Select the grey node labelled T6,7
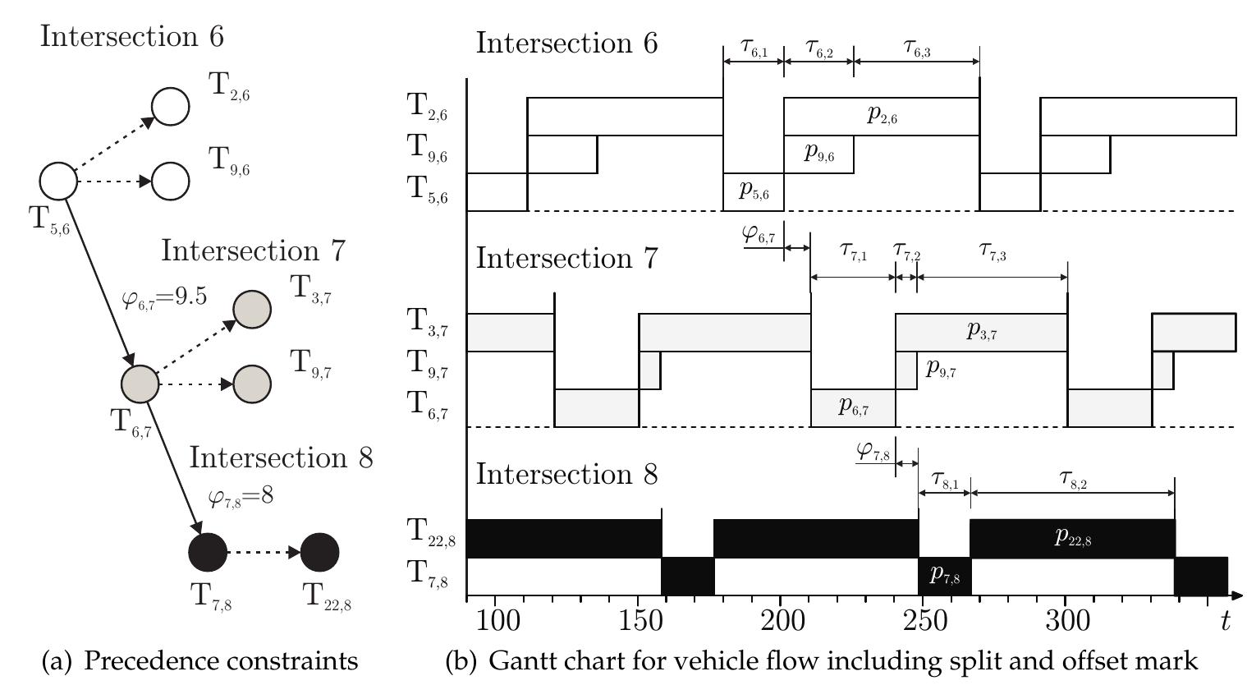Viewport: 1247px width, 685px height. coord(140,384)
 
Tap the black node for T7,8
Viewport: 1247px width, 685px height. coord(208,552)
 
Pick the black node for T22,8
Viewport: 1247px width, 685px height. coord(320,552)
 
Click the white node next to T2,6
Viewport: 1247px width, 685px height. coord(171,106)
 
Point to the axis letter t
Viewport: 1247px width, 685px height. coord(1225,621)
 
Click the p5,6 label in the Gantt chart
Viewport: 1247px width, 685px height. coord(754,191)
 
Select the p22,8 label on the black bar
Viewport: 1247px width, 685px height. coord(1073,538)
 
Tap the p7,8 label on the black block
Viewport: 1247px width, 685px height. coord(945,576)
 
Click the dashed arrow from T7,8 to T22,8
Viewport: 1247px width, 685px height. coord(263,552)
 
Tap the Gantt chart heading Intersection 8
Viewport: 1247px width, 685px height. coord(566,475)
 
